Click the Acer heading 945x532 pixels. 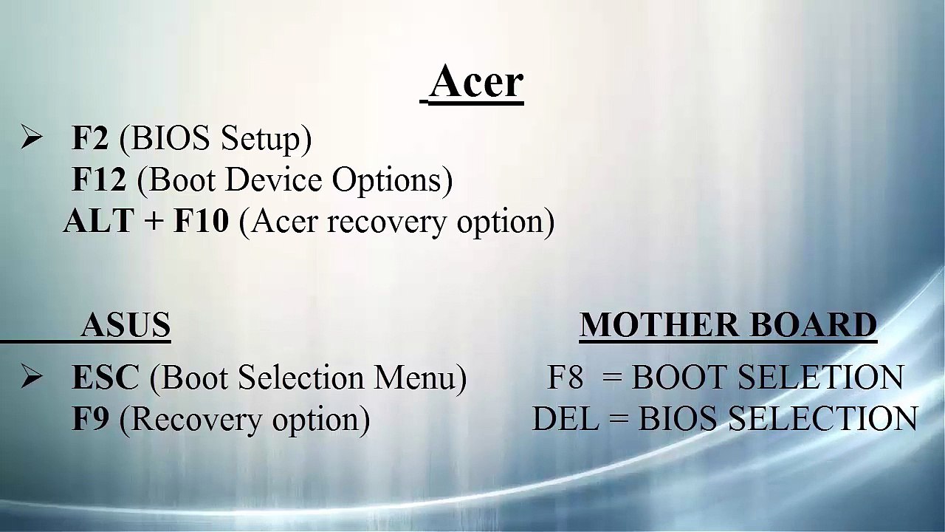(476, 81)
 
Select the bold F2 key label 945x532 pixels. (90, 138)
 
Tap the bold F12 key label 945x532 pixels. (99, 180)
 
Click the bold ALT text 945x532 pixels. (98, 221)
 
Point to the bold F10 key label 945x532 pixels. (201, 221)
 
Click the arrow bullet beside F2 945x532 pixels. (31, 138)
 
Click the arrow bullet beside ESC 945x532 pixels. (31, 378)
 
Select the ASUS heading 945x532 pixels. (126, 325)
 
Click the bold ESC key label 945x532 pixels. (105, 378)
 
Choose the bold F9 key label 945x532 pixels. (90, 419)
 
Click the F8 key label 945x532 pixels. (566, 378)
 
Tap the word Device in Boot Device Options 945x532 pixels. (284, 180)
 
